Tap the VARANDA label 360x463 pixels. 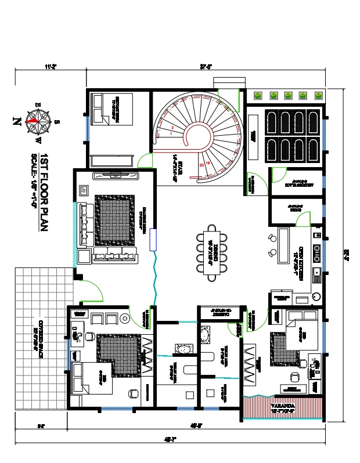tap(282, 406)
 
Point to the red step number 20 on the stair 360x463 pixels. tap(201, 164)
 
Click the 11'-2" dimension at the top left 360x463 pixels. tap(51, 66)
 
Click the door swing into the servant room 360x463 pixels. tap(145, 161)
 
